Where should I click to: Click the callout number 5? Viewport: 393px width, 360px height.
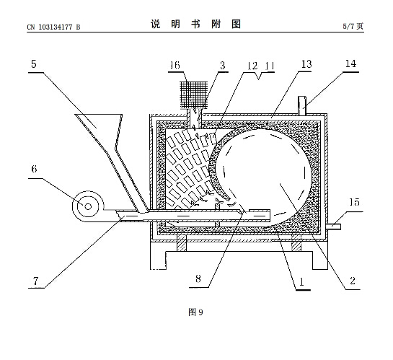click(x=34, y=64)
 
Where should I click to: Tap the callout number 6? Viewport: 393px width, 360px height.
click(x=34, y=170)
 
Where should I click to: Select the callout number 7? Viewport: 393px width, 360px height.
click(x=35, y=281)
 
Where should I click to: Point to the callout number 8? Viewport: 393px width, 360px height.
click(x=198, y=278)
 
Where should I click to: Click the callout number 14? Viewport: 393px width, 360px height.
click(x=350, y=63)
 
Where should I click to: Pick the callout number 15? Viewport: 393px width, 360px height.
click(x=354, y=202)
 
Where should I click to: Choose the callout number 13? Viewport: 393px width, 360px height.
click(x=306, y=64)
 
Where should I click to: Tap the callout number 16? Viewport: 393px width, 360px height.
click(x=175, y=65)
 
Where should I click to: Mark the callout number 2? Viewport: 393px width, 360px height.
click(x=353, y=281)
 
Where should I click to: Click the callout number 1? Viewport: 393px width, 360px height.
click(x=301, y=282)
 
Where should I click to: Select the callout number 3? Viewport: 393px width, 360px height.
click(x=223, y=66)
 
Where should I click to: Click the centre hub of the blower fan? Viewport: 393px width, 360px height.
click(x=88, y=206)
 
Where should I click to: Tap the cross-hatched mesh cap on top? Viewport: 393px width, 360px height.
click(x=194, y=95)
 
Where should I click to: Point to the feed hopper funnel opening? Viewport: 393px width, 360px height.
click(x=98, y=115)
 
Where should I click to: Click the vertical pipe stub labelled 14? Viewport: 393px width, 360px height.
click(x=302, y=106)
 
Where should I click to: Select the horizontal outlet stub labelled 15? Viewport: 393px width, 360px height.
click(x=334, y=227)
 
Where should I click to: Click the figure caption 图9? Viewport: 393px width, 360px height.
click(x=195, y=312)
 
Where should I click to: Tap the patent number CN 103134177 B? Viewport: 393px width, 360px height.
click(x=53, y=27)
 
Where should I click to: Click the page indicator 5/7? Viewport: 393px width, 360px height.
click(x=349, y=26)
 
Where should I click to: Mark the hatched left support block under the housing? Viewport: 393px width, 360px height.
click(x=182, y=242)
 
